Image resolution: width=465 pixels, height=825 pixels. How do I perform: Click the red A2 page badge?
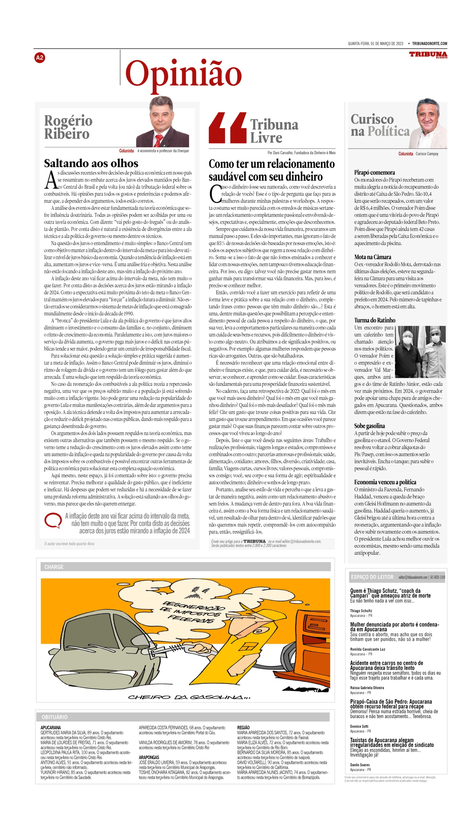point(39,58)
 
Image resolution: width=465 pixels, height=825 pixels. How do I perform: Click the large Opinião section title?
point(183,74)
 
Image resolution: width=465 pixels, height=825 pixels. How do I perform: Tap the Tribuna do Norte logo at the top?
point(428,55)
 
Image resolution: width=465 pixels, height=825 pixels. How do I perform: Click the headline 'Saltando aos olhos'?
point(91,163)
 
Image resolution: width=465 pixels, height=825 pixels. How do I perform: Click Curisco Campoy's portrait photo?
point(428,123)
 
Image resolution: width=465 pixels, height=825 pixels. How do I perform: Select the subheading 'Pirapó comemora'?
point(374,173)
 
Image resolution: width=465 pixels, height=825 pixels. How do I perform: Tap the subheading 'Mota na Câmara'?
point(373,257)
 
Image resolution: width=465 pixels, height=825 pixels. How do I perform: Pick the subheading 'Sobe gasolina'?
point(369,426)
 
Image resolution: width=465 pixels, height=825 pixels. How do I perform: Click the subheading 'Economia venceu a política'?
point(385,482)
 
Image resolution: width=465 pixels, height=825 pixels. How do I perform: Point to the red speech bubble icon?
point(53,520)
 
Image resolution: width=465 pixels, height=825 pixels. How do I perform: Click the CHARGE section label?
point(54,567)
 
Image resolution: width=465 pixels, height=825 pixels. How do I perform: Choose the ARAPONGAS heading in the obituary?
point(149,758)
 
